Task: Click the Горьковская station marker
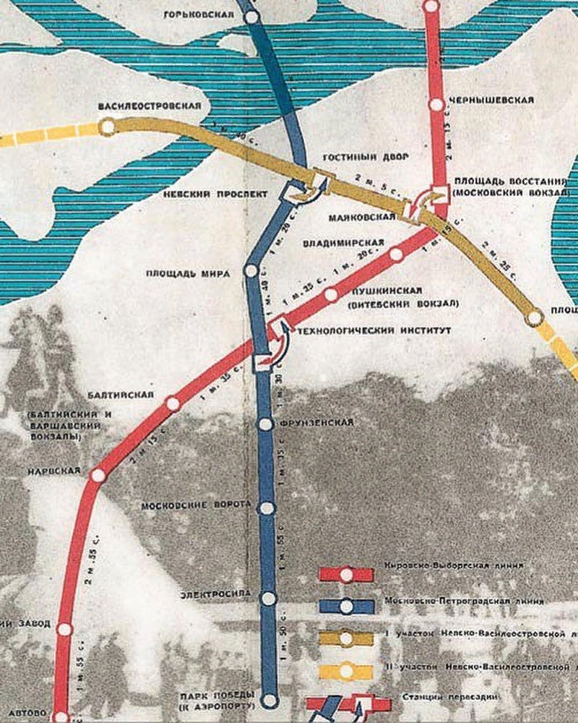(x=252, y=17)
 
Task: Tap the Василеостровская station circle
(x=108, y=127)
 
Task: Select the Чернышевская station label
(x=491, y=100)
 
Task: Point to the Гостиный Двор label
(x=356, y=158)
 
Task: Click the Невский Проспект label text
(x=225, y=194)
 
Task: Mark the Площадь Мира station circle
(x=251, y=270)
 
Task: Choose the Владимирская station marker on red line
(x=395, y=254)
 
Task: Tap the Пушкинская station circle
(x=331, y=294)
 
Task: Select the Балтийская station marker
(x=173, y=404)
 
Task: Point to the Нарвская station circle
(x=98, y=475)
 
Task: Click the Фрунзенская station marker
(x=266, y=424)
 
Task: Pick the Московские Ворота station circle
(x=267, y=508)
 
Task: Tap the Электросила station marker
(x=269, y=598)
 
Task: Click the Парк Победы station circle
(x=269, y=700)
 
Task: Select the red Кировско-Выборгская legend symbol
(x=346, y=575)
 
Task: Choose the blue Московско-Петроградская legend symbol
(x=346, y=606)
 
